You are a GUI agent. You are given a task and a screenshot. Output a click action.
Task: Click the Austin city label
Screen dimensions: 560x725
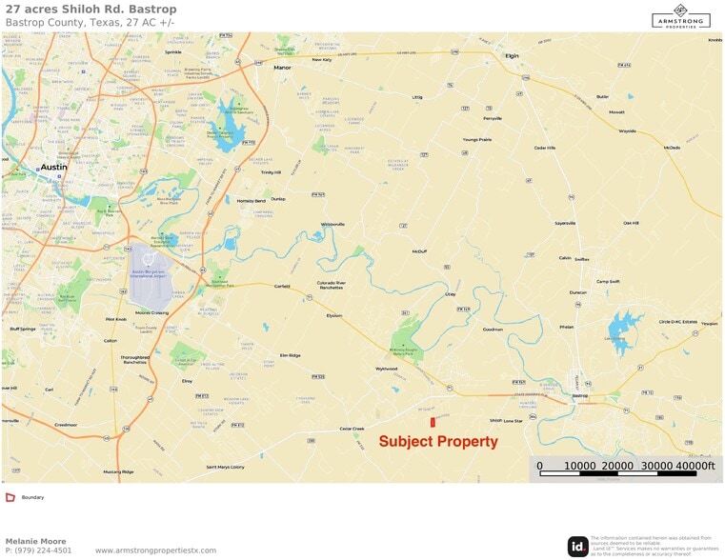[x=53, y=167]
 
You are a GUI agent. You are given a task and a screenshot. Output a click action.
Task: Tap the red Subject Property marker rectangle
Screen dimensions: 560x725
[x=432, y=421]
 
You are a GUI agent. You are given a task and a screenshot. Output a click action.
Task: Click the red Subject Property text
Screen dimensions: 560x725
[x=438, y=442]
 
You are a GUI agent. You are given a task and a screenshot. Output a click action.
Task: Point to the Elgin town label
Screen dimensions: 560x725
[x=513, y=55]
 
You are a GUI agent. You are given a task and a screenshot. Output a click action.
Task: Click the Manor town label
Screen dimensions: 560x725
[x=282, y=68]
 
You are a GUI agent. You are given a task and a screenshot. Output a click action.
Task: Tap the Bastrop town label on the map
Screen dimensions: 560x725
[x=580, y=395]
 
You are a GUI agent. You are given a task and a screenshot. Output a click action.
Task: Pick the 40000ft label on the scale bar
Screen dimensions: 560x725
[x=695, y=466]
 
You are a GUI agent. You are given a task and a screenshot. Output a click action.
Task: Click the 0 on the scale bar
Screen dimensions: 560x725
[x=539, y=466]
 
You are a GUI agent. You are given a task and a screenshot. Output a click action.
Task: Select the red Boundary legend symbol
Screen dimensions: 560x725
[x=10, y=497]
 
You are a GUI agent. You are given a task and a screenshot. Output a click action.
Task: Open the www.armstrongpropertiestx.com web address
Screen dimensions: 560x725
[x=156, y=550]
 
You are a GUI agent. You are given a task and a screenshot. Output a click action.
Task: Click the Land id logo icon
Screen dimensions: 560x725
[x=577, y=546]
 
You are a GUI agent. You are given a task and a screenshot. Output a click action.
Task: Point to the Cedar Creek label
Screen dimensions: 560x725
[x=352, y=429]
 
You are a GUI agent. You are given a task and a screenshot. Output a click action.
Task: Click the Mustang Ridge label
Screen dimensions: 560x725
[x=118, y=471]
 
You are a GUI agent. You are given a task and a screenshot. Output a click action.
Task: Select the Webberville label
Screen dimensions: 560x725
[x=332, y=224]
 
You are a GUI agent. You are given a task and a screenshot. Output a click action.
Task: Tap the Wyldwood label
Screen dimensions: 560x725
[x=386, y=369]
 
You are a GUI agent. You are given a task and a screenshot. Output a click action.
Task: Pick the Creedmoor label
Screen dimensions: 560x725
[x=66, y=424]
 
